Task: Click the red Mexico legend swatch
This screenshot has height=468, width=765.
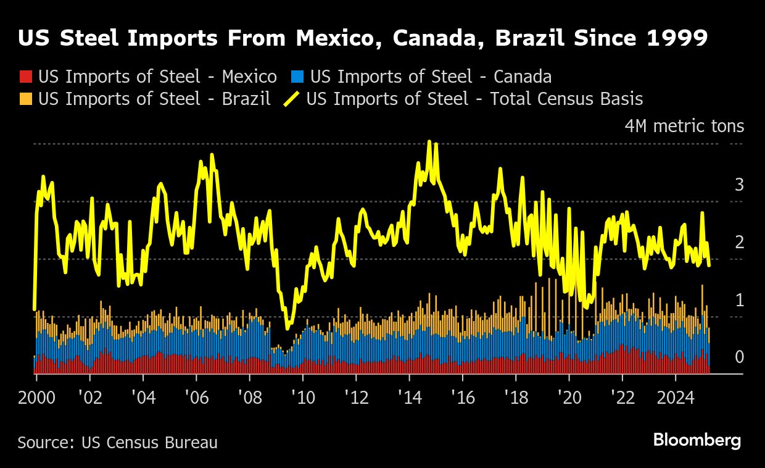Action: coord(25,77)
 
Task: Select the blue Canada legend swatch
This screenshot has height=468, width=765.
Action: coord(298,77)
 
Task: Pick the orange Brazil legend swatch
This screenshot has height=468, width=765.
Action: coord(25,99)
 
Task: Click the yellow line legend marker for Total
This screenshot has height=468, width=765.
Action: coord(291,99)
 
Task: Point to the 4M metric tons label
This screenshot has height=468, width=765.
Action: coord(684,127)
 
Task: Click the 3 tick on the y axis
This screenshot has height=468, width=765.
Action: coord(739,185)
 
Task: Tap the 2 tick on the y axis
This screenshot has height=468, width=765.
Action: coord(739,243)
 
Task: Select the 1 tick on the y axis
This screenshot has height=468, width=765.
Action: coord(739,300)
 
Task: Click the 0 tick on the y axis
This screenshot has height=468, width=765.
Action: coord(739,357)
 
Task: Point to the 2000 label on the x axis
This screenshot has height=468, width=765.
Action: coord(36,396)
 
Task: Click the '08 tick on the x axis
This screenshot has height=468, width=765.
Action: coord(249,396)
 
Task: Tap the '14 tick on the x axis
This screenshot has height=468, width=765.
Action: coord(409,396)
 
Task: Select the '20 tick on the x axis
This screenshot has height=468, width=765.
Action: coord(569,396)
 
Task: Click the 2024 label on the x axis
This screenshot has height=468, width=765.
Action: coord(675,396)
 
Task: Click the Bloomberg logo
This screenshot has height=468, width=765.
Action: coord(697,441)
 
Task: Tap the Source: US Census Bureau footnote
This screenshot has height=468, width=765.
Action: coord(117,443)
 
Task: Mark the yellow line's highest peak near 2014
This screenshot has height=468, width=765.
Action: coord(429,142)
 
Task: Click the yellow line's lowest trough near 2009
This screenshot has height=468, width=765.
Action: coord(287,328)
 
